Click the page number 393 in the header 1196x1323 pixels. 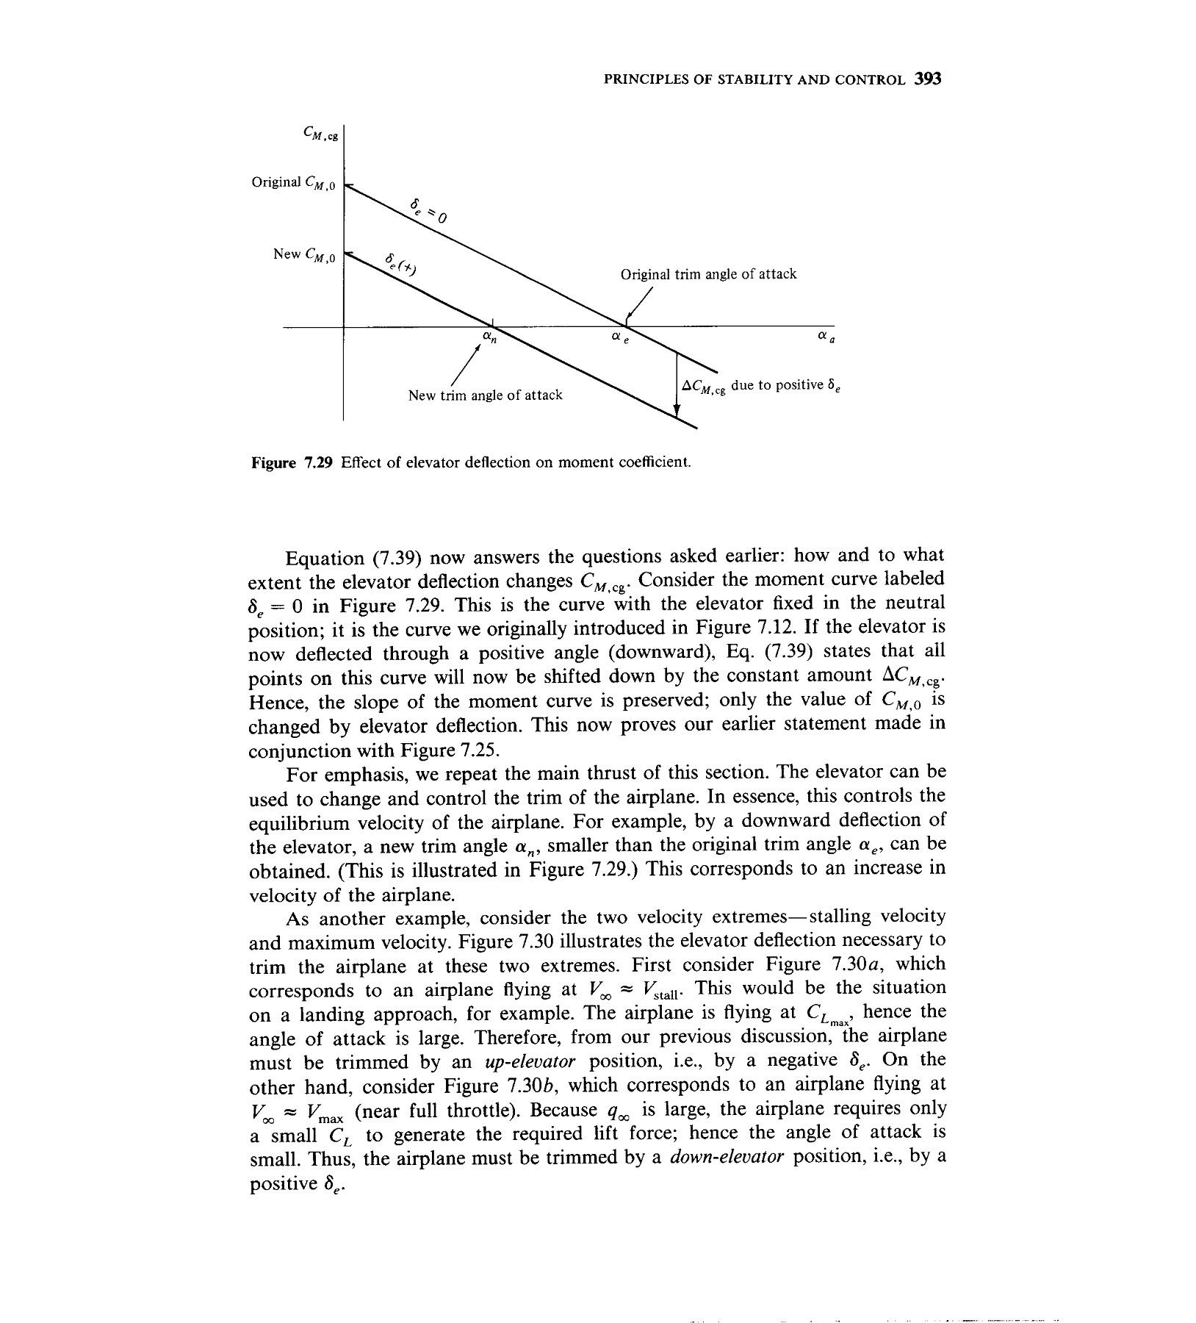(x=928, y=79)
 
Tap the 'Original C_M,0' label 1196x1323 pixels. (x=293, y=182)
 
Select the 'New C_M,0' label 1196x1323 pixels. (x=304, y=255)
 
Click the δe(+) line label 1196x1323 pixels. (x=401, y=265)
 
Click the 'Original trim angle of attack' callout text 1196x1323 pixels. (x=708, y=274)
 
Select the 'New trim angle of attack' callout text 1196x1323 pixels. (x=485, y=395)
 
